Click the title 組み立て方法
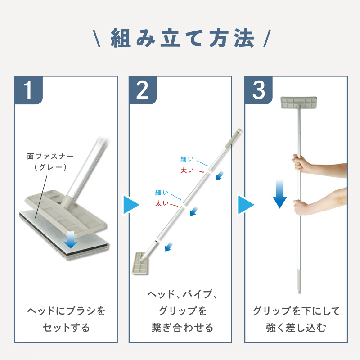[183, 38]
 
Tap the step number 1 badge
[28, 90]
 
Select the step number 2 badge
[143, 90]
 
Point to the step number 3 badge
[258, 90]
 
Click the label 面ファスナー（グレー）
[50, 162]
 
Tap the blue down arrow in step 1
[71, 240]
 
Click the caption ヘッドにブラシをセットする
[66, 319]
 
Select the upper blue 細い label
[187, 159]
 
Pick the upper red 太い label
[187, 171]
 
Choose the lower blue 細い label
[162, 193]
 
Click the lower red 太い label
[162, 203]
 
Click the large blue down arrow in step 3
[279, 194]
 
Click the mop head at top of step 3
[299, 103]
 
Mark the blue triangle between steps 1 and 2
[131, 205]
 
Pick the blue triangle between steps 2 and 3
[246, 205]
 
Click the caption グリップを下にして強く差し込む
[296, 319]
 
